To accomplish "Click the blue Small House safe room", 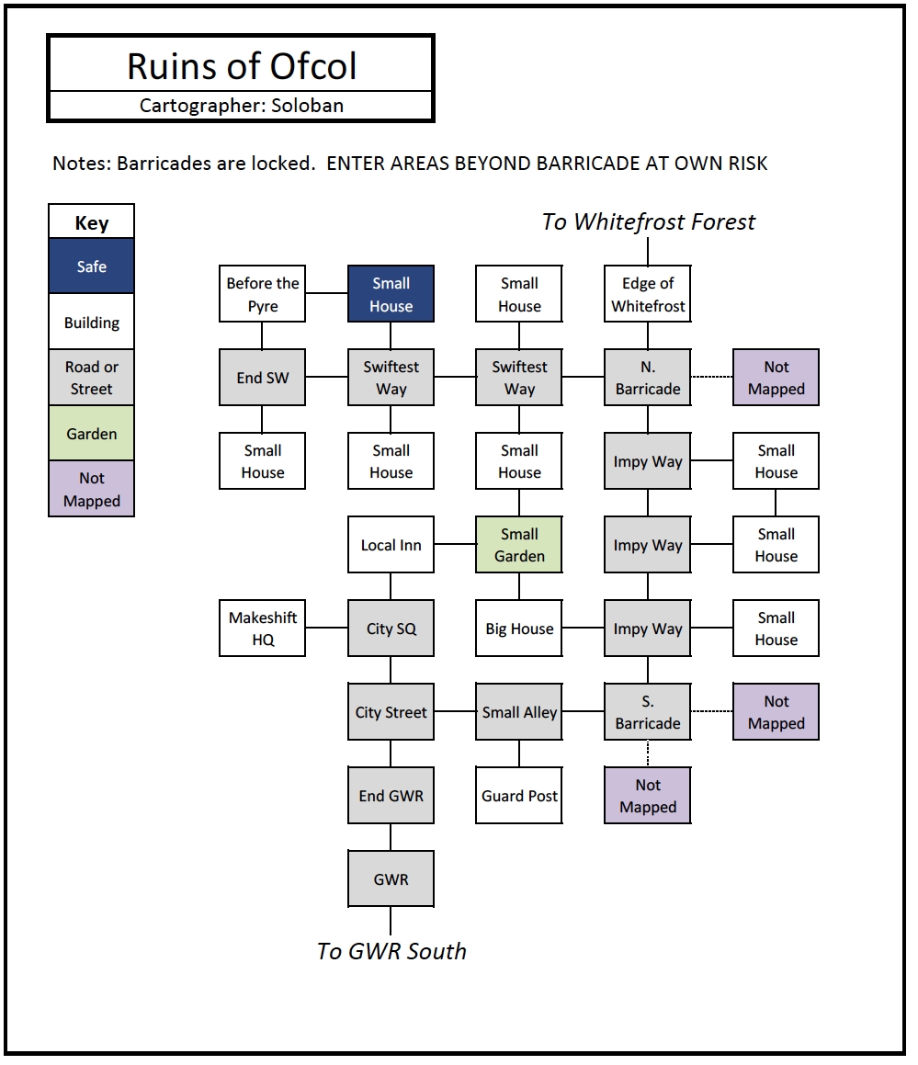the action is click(391, 293).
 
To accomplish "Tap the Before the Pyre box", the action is click(262, 293).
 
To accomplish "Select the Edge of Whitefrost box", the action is click(648, 293).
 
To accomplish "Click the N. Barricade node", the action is click(648, 377).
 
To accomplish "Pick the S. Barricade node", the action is click(648, 711).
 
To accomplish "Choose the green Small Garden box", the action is click(519, 544).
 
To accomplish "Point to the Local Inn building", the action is click(391, 544).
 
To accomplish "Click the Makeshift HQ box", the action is click(262, 628).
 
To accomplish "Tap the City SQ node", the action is click(391, 628).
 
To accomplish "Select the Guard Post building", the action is click(519, 795).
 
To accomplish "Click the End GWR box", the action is click(391, 795).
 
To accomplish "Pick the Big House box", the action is click(519, 628).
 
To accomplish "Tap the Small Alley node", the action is click(519, 711).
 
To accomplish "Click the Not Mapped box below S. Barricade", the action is click(648, 795).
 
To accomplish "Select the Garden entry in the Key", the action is click(92, 433).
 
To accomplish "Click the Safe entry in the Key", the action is click(92, 266).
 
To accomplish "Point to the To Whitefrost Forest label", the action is click(649, 222).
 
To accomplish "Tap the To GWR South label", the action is click(391, 951).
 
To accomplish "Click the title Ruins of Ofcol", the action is click(242, 66).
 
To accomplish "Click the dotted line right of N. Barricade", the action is click(711, 376).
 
